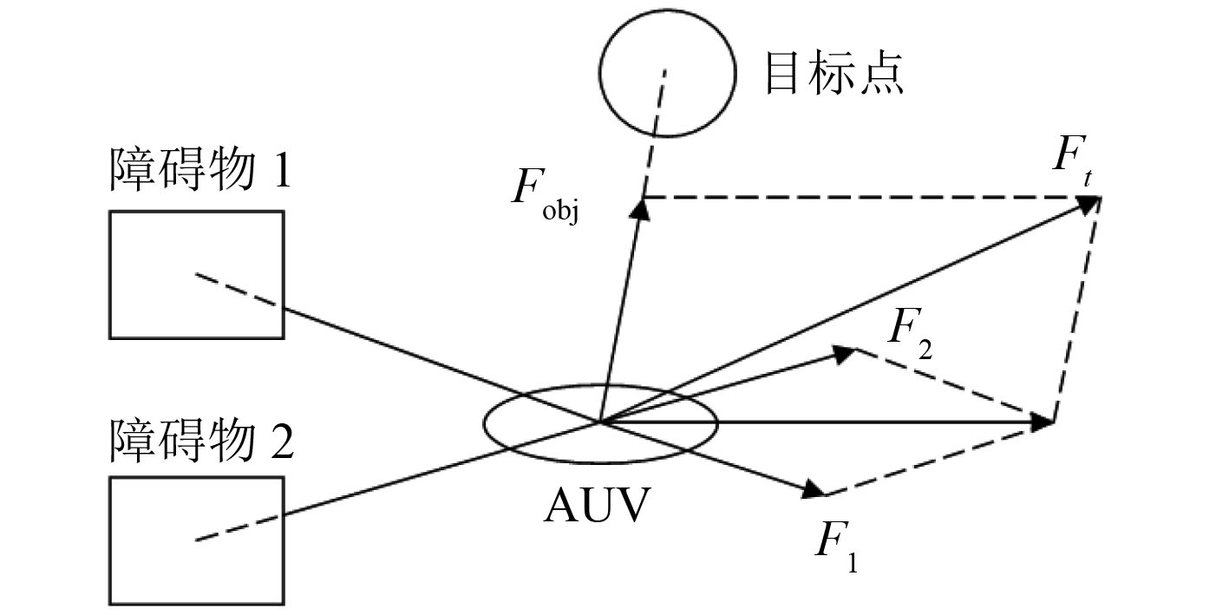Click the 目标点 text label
833,75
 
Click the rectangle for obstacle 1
196,274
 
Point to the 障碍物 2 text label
200,440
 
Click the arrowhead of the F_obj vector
642,205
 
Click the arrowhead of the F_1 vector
815,491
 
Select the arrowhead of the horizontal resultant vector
1044,423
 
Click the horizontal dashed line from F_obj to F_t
867,198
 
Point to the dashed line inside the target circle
660,100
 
